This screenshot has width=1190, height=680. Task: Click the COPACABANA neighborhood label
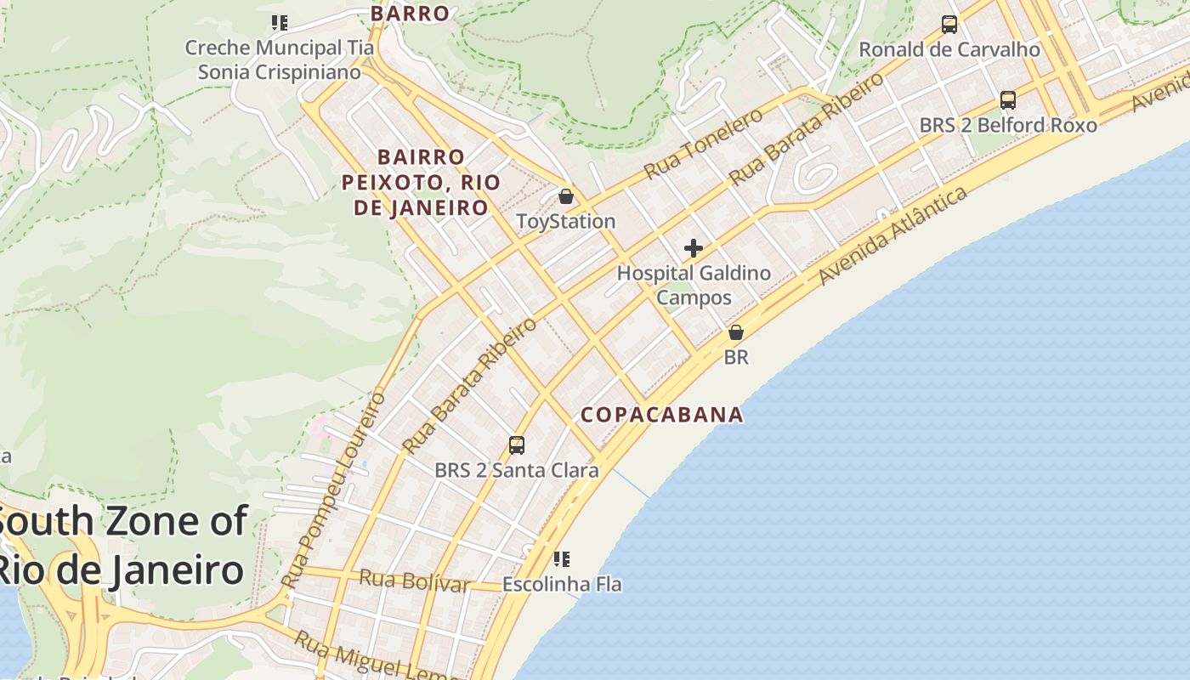pyautogui.click(x=661, y=415)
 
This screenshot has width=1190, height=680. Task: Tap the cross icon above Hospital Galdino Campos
pyautogui.click(x=694, y=248)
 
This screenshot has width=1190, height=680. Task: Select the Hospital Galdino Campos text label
pyautogui.click(x=694, y=286)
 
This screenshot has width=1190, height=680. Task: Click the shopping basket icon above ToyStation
pyautogui.click(x=566, y=197)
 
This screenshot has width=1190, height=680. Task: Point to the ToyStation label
pyautogui.click(x=566, y=222)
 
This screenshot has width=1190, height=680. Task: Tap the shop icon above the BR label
pyautogui.click(x=736, y=332)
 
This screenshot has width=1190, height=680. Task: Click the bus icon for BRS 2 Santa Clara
pyautogui.click(x=516, y=445)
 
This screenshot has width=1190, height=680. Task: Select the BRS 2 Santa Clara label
pyautogui.click(x=516, y=470)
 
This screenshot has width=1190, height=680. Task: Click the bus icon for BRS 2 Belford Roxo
pyautogui.click(x=1008, y=100)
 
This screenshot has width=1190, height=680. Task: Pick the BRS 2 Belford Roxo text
pyautogui.click(x=1008, y=125)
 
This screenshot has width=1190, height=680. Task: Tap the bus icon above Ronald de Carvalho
pyautogui.click(x=949, y=25)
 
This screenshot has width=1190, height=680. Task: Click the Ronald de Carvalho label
pyautogui.click(x=949, y=49)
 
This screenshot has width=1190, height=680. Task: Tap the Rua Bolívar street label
pyautogui.click(x=414, y=581)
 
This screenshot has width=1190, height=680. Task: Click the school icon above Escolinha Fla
pyautogui.click(x=561, y=559)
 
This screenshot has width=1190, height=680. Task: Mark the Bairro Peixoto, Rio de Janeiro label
pyautogui.click(x=421, y=182)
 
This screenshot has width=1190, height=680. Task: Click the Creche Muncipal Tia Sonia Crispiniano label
pyautogui.click(x=280, y=59)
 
